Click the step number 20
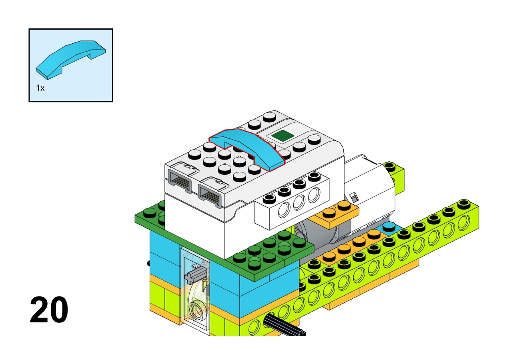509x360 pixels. [x=49, y=309]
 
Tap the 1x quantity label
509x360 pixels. [x=40, y=88]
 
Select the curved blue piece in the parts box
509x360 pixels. [x=71, y=60]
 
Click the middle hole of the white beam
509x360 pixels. [x=299, y=202]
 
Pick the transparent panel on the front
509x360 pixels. [x=195, y=291]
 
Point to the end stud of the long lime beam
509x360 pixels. [x=464, y=204]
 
